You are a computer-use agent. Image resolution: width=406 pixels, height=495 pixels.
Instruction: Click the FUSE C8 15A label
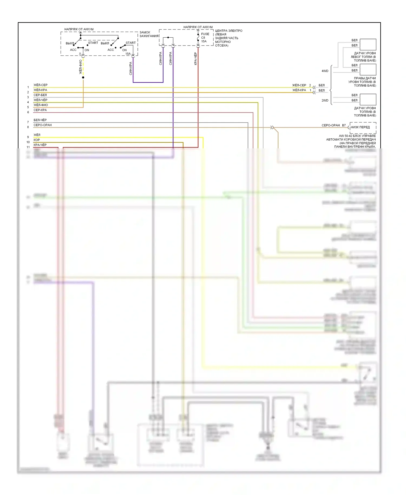point(205,38)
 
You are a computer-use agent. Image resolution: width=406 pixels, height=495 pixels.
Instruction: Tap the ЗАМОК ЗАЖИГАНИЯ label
point(149,34)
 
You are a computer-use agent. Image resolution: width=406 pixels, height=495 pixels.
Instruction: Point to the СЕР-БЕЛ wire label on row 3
point(40,95)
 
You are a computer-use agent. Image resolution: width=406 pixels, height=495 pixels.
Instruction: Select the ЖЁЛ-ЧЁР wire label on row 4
point(40,100)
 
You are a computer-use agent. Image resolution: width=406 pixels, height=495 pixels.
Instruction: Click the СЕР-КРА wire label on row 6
point(40,110)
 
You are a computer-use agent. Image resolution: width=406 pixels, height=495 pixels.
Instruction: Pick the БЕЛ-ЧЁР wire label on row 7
point(40,120)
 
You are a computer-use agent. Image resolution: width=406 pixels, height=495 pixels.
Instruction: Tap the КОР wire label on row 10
point(37,140)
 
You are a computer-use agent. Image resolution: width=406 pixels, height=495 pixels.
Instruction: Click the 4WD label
point(325,71)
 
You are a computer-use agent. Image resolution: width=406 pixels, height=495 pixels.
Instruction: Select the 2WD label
point(325,100)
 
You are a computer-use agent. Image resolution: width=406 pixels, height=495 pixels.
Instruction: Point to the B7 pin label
point(344,125)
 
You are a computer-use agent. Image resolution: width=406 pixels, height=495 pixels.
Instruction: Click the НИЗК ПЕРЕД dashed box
point(363,127)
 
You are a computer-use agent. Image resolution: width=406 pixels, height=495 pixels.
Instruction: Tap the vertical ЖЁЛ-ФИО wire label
point(81,67)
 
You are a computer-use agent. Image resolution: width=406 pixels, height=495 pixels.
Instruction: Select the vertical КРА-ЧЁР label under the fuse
point(195,59)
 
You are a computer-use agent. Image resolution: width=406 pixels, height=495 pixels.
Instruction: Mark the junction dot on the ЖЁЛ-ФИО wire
point(83,78)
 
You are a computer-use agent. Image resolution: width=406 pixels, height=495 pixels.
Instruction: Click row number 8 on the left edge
point(28,127)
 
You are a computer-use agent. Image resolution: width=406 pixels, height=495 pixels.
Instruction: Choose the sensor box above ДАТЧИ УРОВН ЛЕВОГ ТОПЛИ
point(368,44)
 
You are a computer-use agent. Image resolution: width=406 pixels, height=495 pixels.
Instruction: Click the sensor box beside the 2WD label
point(368,99)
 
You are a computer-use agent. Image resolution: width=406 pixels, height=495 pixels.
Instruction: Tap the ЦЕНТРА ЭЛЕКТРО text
point(229,31)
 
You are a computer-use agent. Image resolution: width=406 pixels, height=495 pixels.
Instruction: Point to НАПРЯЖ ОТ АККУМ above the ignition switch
point(79,29)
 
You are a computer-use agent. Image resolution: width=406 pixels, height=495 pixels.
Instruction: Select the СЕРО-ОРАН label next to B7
point(330,125)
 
